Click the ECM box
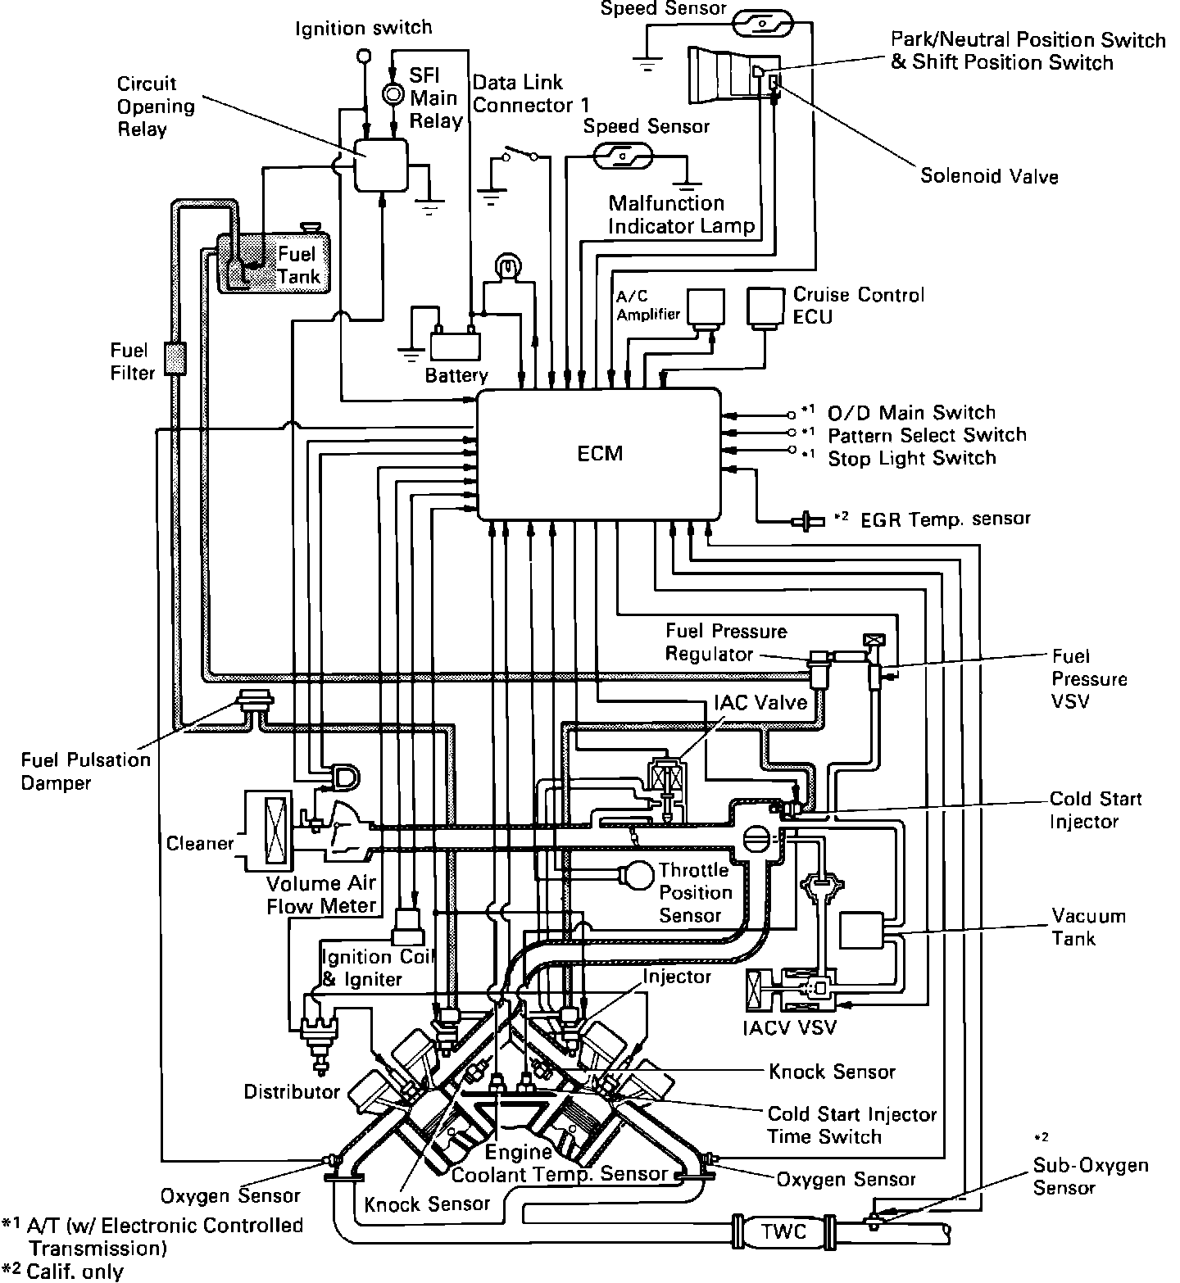tap(599, 453)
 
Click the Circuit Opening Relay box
tap(380, 164)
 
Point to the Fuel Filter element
tap(174, 359)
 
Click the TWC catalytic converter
tap(783, 1231)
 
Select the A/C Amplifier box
tap(706, 307)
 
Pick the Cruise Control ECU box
tap(765, 307)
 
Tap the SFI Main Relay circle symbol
tap(393, 94)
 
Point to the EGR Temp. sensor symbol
tap(807, 519)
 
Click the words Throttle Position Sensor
tap(693, 892)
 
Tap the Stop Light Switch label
tap(911, 458)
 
